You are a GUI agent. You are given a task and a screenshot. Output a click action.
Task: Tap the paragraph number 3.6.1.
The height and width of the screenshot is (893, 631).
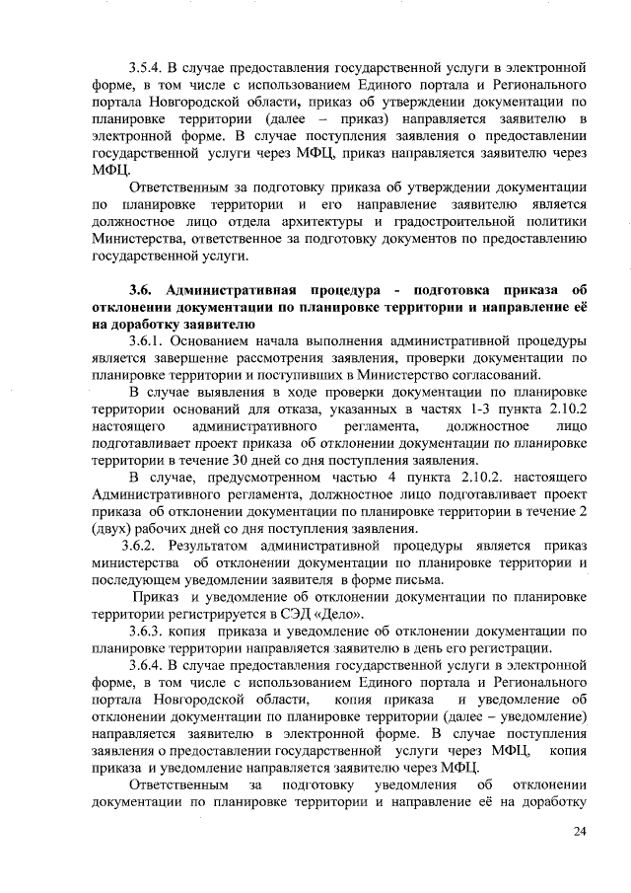148,338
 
